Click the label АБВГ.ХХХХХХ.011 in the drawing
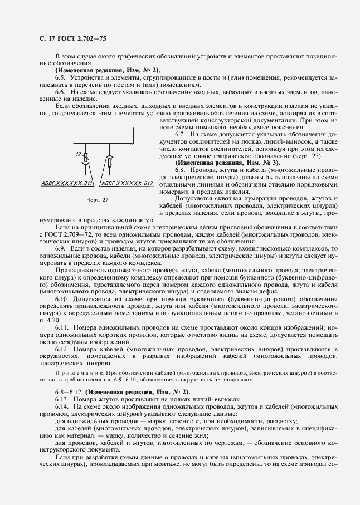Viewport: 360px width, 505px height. point(67,183)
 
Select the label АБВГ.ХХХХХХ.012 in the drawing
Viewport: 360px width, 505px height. point(127,183)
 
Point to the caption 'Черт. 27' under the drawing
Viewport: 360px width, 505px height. point(82,199)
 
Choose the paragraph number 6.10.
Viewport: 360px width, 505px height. point(62,299)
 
